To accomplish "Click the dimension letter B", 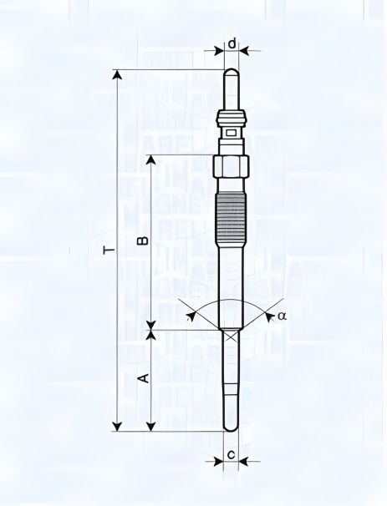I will pos(143,241).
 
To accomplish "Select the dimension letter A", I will pos(143,378).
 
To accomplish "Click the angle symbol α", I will pos(282,316).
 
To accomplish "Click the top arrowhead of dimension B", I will pos(151,160).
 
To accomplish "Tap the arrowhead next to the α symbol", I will pos(268,316).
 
